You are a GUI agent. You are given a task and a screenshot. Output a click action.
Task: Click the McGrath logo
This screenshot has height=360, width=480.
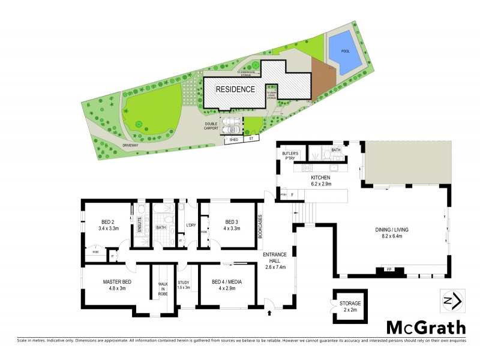coord(425,327)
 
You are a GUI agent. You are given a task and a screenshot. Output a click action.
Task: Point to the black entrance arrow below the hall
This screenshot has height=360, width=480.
coord(269,312)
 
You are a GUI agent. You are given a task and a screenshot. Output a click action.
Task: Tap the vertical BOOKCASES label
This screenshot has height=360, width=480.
coord(260,227)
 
